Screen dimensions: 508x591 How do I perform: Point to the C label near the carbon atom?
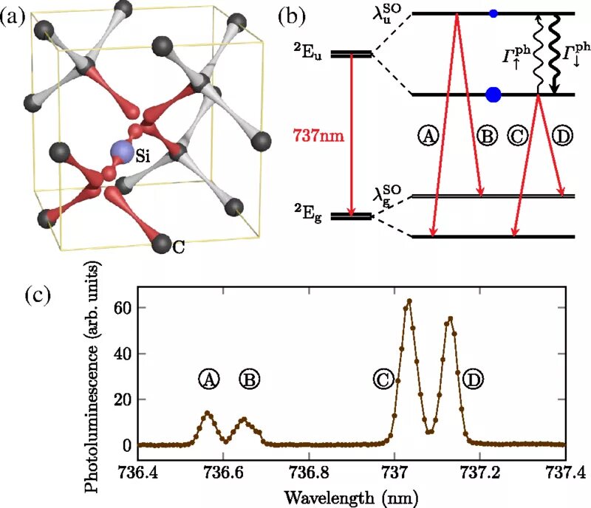[x=178, y=248]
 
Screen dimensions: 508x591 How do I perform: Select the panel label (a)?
[x=16, y=16]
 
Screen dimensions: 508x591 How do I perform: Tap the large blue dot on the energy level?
[x=493, y=94]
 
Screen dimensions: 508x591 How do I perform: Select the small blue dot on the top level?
[x=493, y=13]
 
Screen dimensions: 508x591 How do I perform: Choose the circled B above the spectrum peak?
[x=250, y=380]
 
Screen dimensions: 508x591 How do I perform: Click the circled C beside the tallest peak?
[x=383, y=380]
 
